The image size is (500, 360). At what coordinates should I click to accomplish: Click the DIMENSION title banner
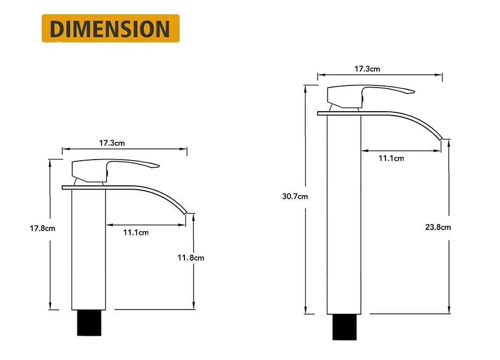pos(110,28)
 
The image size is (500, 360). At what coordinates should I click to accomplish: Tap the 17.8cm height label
pos(42,228)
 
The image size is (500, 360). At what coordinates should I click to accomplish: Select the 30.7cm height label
pos(295,196)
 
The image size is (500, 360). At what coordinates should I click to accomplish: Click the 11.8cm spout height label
pos(191,257)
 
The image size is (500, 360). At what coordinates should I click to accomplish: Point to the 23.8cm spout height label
pos(438,227)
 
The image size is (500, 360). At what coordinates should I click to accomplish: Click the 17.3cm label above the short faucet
pos(112,143)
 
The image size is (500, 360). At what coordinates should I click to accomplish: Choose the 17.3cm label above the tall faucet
pos(367,69)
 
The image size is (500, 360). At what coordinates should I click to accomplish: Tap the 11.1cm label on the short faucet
pos(135,232)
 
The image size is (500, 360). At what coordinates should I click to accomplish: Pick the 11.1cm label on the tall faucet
pos(391,158)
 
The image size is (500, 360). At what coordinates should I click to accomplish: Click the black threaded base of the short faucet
pos(89,322)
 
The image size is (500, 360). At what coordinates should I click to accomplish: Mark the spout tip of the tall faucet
pos(441,139)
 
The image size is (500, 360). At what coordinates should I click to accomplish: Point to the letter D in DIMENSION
pos(57,28)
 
